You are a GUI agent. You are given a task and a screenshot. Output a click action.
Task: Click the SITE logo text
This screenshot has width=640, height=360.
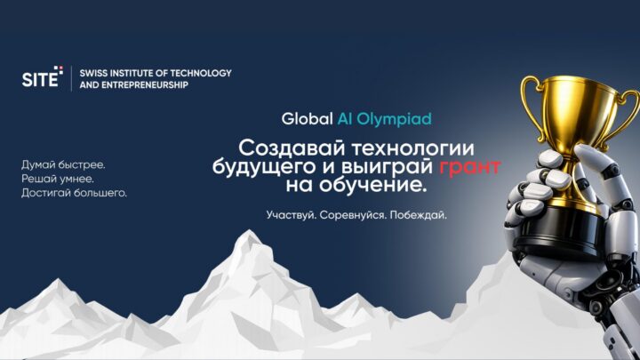tap(40, 78)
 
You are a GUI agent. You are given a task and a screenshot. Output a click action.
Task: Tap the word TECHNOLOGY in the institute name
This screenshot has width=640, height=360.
tap(200, 73)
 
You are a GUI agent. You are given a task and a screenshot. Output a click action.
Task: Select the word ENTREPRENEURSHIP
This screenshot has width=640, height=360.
tap(147, 85)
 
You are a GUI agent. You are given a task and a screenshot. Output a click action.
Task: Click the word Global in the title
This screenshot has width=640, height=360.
tap(307, 119)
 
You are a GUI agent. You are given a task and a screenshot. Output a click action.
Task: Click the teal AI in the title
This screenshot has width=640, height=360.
tap(345, 119)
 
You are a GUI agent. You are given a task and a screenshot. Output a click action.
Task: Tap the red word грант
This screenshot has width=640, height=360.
tap(470, 167)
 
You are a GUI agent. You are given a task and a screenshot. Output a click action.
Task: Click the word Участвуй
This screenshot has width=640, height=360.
tap(292, 215)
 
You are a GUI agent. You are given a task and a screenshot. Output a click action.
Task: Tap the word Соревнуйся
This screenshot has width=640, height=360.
tap(353, 215)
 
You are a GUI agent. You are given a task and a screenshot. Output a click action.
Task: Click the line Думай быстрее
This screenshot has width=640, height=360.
tap(63, 165)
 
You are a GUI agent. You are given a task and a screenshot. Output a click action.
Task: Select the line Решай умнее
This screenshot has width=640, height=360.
tap(58, 179)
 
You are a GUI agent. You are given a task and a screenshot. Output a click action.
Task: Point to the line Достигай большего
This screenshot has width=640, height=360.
tap(74, 193)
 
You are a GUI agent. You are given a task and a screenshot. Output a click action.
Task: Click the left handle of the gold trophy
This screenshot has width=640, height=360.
tap(531, 106)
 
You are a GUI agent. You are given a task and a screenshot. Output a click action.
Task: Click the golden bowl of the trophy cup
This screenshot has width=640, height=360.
tap(580, 110)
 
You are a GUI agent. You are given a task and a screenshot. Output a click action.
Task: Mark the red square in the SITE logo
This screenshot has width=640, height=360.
tap(60, 68)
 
